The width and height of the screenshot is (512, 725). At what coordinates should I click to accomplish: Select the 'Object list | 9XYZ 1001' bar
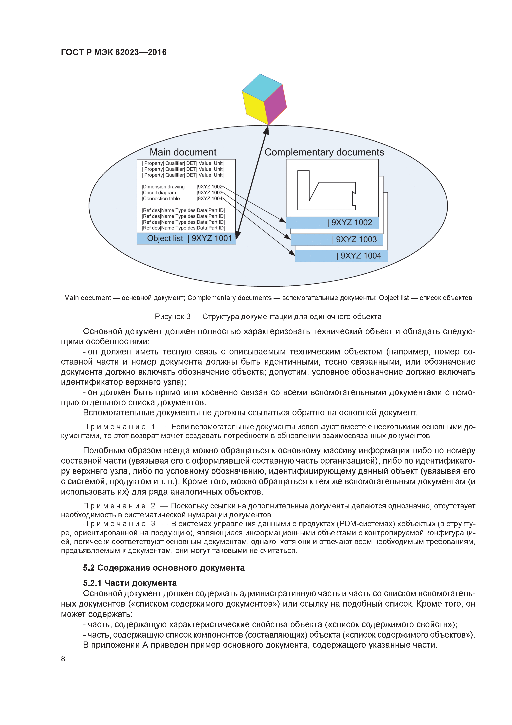186,238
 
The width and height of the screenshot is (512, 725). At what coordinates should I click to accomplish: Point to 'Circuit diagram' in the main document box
159,193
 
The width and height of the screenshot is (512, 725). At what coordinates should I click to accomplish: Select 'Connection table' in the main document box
161,199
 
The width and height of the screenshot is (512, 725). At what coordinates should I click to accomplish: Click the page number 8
63,659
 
